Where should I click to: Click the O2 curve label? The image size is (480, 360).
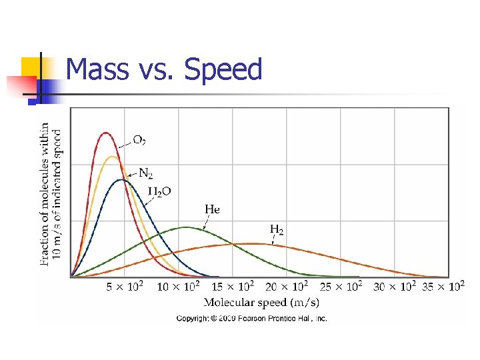pyautogui.click(x=139, y=141)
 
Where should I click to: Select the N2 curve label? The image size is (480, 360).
pyautogui.click(x=145, y=173)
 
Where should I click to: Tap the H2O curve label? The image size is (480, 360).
pyautogui.click(x=159, y=191)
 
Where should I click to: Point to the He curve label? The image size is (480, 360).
pyautogui.click(x=212, y=209)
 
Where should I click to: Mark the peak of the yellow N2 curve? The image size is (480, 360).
pyautogui.click(x=112, y=157)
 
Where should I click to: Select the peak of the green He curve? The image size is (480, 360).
pyautogui.click(x=187, y=227)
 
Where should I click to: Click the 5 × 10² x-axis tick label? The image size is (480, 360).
pyautogui.click(x=125, y=287)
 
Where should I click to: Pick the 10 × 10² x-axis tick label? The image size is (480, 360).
pyautogui.click(x=178, y=287)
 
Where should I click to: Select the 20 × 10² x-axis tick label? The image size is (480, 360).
pyautogui.click(x=286, y=287)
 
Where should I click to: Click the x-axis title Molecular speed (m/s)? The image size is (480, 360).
pyautogui.click(x=251, y=302)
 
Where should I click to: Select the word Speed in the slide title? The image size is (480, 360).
pyautogui.click(x=223, y=69)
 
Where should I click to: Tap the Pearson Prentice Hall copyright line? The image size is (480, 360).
pyautogui.click(x=251, y=319)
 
